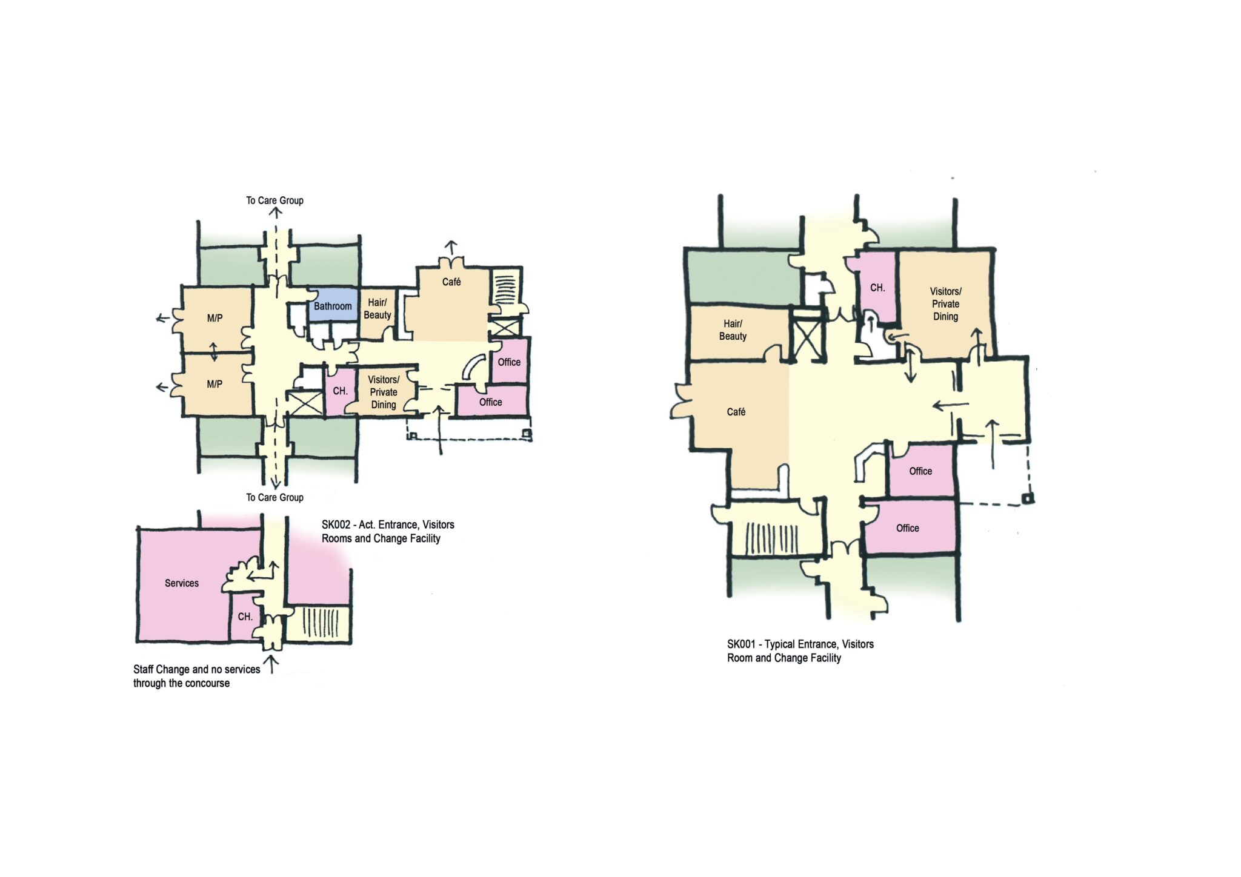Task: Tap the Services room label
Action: [182, 583]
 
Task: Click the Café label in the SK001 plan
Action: [736, 412]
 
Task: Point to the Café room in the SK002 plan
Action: [451, 303]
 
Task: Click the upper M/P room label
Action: [215, 318]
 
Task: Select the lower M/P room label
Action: [215, 384]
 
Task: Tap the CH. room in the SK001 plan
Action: [877, 287]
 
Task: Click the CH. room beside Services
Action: [245, 617]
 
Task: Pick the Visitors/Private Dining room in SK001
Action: [945, 304]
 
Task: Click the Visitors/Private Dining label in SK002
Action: [384, 392]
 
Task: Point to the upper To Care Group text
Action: [274, 200]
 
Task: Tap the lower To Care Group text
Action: [274, 497]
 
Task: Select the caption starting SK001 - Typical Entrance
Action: [800, 651]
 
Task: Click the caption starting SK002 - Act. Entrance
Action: [388, 531]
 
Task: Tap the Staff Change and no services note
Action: [196, 676]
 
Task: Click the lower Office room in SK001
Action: [908, 528]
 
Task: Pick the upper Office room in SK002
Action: [509, 362]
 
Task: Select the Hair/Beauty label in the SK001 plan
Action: [733, 330]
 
